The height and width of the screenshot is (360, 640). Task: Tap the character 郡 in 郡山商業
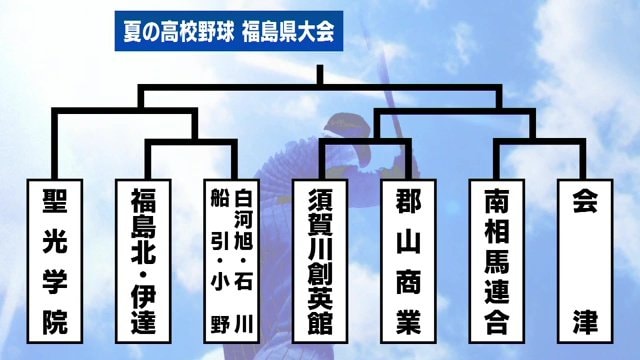click(x=410, y=200)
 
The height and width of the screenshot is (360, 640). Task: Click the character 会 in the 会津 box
click(x=584, y=200)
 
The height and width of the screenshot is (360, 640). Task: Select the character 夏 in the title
click(x=128, y=31)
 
